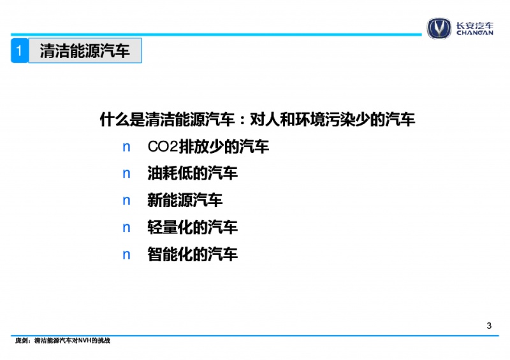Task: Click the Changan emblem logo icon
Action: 439,28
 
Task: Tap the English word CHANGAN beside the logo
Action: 474,32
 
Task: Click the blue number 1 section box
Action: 19,50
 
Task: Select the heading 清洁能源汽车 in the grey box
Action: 85,51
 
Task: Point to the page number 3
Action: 489,326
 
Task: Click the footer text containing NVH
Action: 62,340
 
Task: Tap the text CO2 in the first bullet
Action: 163,147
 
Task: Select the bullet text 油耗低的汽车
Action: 193,173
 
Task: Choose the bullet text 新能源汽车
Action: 185,200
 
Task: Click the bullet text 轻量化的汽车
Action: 193,227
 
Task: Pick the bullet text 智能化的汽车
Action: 193,254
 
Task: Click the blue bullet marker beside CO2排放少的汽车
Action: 126,147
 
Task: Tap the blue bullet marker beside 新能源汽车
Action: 126,201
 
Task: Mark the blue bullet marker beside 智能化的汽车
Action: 126,255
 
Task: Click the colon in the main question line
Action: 242,120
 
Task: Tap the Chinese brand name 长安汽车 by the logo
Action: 474,25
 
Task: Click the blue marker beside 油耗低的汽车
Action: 126,174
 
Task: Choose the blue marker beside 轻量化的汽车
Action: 126,228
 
